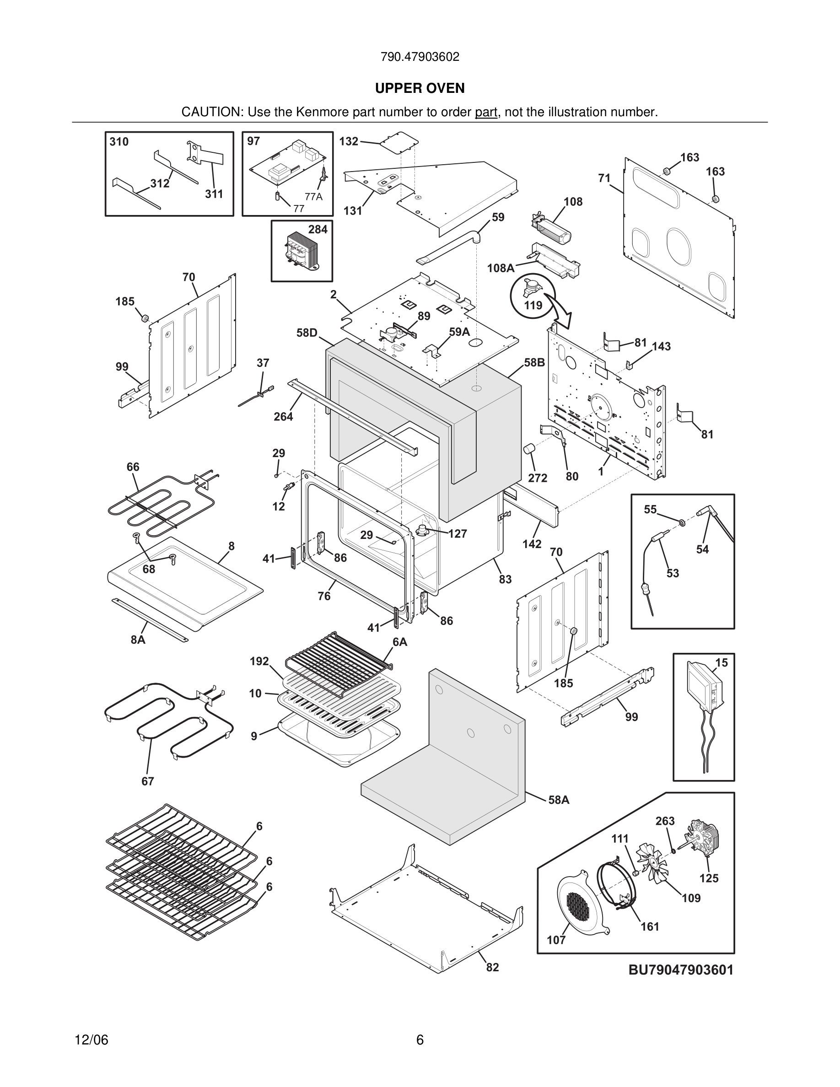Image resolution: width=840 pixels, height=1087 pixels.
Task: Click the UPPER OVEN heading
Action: point(420,88)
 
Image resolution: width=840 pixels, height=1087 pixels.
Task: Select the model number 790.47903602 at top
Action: point(420,57)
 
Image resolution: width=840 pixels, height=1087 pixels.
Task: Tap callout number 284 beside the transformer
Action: point(318,230)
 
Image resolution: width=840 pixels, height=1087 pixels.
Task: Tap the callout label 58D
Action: point(307,333)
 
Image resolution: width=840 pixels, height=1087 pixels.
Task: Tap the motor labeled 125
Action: point(703,842)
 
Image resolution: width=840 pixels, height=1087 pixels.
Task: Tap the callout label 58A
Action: point(558,800)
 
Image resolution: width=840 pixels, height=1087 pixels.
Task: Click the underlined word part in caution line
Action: point(486,113)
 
